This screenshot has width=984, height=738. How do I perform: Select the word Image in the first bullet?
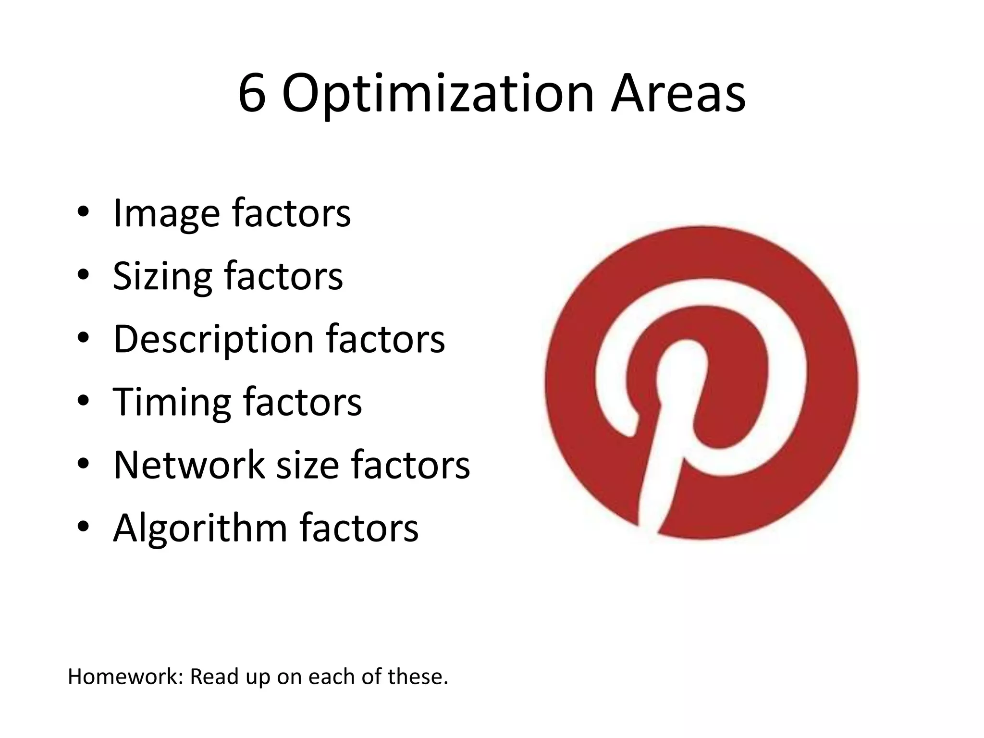tap(166, 214)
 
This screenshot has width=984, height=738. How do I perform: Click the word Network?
tap(189, 465)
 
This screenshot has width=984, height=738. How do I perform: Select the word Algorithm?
tap(200, 529)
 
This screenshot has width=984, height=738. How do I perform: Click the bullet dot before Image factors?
tap(83, 212)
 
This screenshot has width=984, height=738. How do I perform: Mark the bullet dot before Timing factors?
tap(83, 401)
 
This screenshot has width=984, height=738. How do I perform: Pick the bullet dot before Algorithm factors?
tap(83, 527)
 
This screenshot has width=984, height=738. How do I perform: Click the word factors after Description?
tap(385, 339)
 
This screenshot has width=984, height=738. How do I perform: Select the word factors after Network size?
tap(410, 465)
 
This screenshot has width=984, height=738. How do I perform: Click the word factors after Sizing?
tap(283, 276)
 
